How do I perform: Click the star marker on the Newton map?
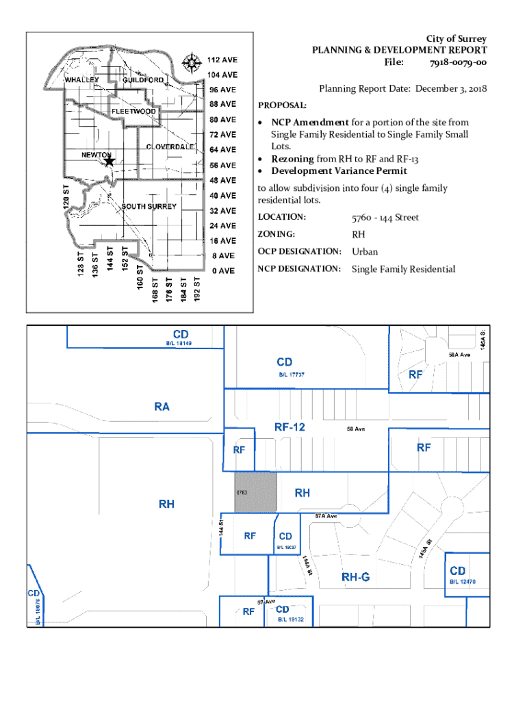109,161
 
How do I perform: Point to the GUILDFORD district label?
143,80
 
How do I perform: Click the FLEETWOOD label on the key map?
134,111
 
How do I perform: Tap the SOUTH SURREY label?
149,206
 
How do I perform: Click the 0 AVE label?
222,270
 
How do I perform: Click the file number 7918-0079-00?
458,63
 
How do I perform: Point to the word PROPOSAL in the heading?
282,106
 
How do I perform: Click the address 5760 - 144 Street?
385,218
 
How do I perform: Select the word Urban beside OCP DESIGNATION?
365,251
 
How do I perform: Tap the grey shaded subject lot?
256,492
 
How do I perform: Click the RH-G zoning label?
355,577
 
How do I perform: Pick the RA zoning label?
162,407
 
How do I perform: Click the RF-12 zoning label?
290,426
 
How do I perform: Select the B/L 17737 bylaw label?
291,374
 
